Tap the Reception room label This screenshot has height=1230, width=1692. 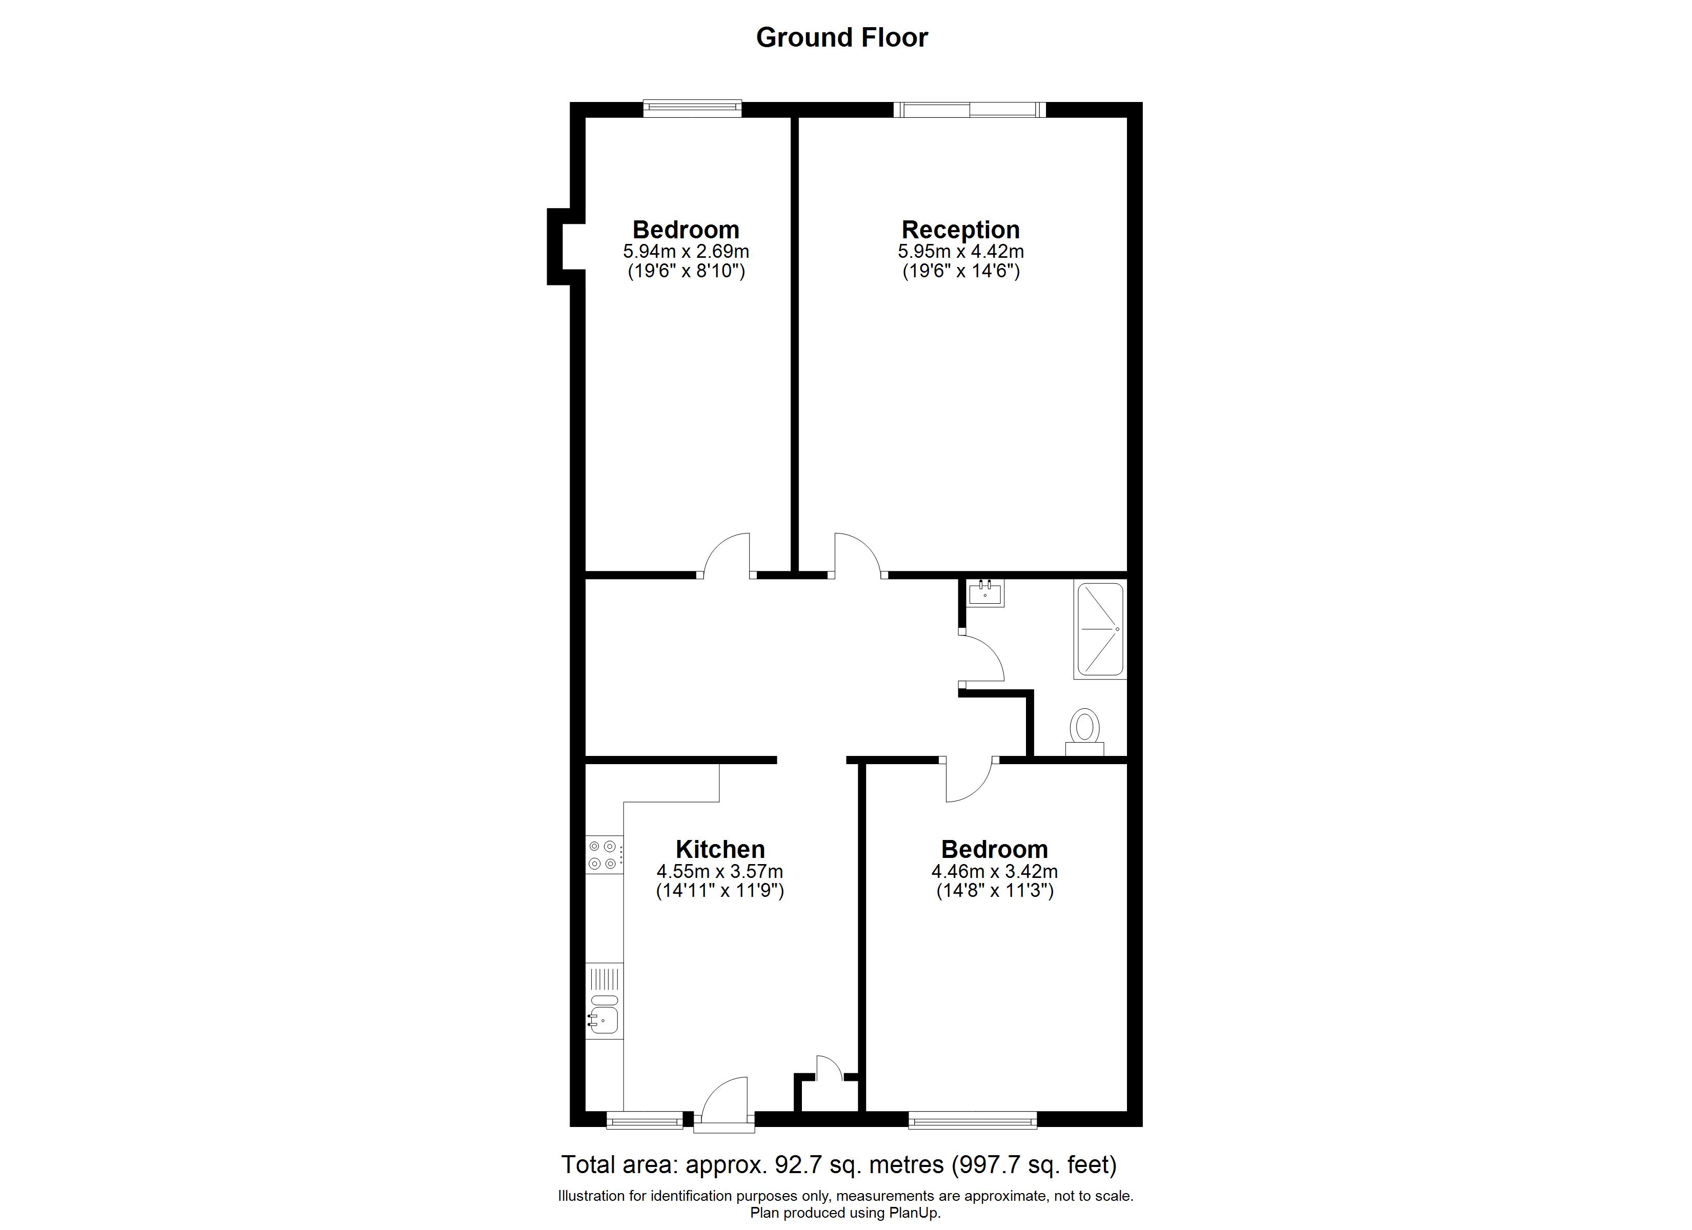[x=961, y=229]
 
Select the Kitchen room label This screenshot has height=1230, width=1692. [x=720, y=849]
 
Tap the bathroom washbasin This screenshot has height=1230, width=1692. [x=985, y=593]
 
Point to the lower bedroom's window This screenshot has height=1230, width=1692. [x=972, y=1120]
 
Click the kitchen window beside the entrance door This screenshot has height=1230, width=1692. [x=644, y=1120]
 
